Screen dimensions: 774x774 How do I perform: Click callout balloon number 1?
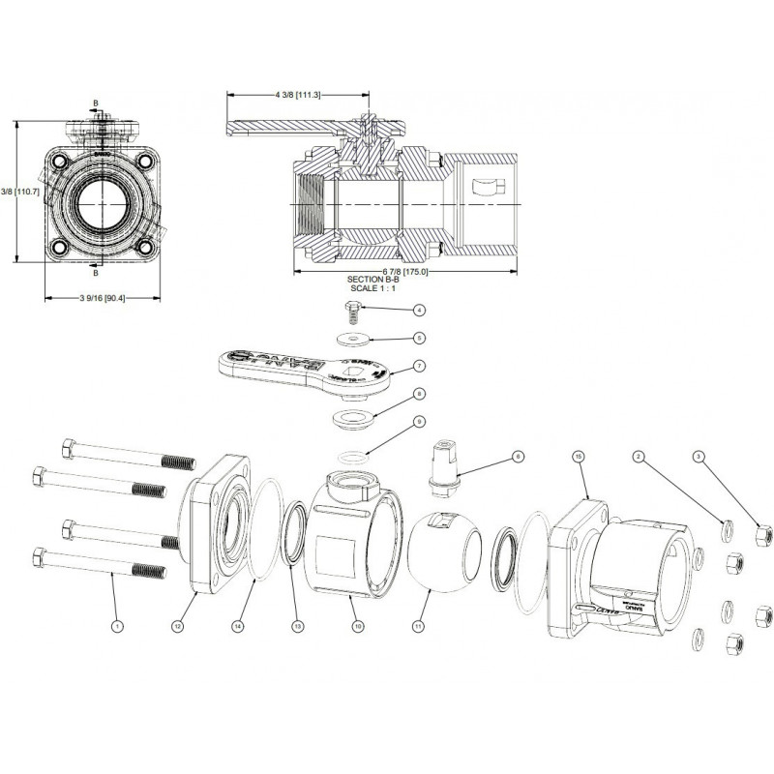118,626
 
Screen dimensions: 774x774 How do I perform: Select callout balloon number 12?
177,626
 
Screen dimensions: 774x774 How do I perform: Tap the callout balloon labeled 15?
578,455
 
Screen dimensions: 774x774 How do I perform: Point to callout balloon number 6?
517,455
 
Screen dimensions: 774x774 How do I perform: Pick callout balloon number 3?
698,455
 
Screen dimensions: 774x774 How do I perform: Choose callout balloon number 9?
419,422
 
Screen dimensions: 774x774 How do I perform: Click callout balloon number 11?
419,626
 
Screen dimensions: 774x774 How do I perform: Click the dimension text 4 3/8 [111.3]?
297,95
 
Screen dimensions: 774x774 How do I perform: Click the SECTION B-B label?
372,279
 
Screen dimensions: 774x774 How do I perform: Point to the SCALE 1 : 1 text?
372,288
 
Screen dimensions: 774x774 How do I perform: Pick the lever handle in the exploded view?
290,368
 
